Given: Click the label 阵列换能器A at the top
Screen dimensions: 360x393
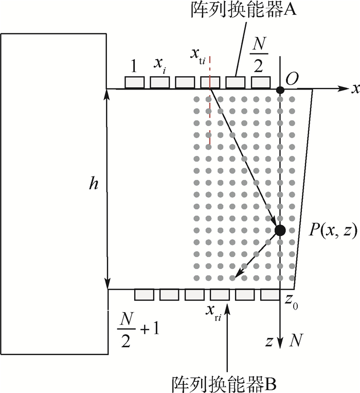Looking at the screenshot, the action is click(243, 10).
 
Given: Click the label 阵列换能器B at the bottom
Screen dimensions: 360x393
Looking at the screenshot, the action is click(224, 384).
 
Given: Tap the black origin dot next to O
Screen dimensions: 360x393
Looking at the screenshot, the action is click(280, 90).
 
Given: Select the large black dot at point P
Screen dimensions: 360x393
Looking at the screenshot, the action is click(280, 230).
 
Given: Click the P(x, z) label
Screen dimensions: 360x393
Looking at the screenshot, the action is click(332, 230).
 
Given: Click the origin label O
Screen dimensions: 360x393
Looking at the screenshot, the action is click(292, 79).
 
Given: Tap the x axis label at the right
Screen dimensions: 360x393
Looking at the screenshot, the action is click(355, 88).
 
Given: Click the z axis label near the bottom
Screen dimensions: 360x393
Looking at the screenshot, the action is click(269, 342).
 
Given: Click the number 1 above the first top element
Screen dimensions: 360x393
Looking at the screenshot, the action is click(134, 66).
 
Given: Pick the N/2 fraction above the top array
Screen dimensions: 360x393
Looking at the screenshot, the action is click(259, 54).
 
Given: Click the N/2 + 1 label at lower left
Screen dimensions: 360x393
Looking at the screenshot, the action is click(138, 329).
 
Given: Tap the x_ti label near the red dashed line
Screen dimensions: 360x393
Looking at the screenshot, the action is click(197, 56).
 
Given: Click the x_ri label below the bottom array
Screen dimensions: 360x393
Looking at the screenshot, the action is click(214, 312).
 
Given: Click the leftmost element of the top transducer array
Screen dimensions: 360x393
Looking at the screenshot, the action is click(135, 82).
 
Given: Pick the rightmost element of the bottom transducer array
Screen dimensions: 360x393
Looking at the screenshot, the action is click(270, 295).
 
